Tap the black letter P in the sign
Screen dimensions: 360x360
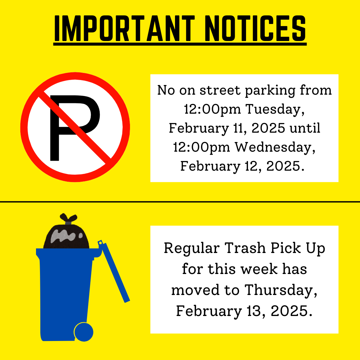(73, 127)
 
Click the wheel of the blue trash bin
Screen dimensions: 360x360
(83, 332)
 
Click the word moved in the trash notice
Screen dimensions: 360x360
(195, 290)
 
